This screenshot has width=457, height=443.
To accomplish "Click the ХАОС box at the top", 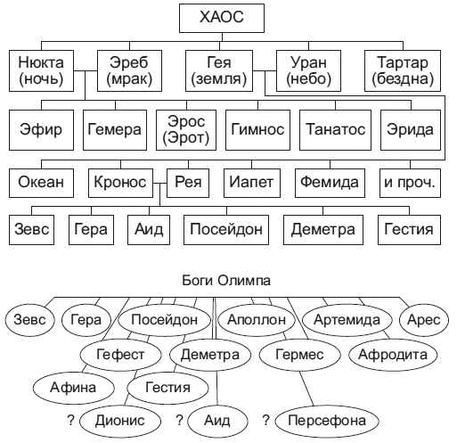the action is pyautogui.click(x=222, y=18).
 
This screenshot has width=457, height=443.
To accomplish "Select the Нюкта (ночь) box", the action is pyautogui.click(x=41, y=70).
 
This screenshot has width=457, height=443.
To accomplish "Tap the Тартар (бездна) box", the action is pyautogui.click(x=403, y=70).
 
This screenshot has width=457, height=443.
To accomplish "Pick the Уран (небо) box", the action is pyautogui.click(x=308, y=70).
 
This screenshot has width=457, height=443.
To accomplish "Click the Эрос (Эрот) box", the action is pyautogui.click(x=186, y=130).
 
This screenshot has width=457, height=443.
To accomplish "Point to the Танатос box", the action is pyautogui.click(x=335, y=130).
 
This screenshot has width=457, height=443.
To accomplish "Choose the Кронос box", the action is pyautogui.click(x=120, y=183).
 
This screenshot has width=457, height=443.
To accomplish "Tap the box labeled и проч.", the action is pyautogui.click(x=410, y=183).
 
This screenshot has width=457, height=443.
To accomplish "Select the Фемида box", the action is pyautogui.click(x=330, y=183).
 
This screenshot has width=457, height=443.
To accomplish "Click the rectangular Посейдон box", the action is pyautogui.click(x=226, y=230).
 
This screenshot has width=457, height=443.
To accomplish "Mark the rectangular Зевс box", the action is pyautogui.click(x=31, y=230).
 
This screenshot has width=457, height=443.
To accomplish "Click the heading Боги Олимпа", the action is pyautogui.click(x=226, y=281).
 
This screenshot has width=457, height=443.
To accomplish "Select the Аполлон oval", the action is pyautogui.click(x=257, y=320).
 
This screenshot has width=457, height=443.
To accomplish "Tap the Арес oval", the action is pyautogui.click(x=424, y=320).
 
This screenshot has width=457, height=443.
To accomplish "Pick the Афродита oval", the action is pyautogui.click(x=393, y=355).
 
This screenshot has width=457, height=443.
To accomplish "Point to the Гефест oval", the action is pyautogui.click(x=120, y=355).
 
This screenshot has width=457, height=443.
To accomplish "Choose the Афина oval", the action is pyautogui.click(x=73, y=388).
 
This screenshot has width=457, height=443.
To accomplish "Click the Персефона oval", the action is pyautogui.click(x=327, y=421).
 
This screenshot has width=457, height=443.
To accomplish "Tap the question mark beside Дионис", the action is pyautogui.click(x=70, y=420).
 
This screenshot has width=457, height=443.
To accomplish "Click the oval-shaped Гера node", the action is pyautogui.click(x=86, y=320).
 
